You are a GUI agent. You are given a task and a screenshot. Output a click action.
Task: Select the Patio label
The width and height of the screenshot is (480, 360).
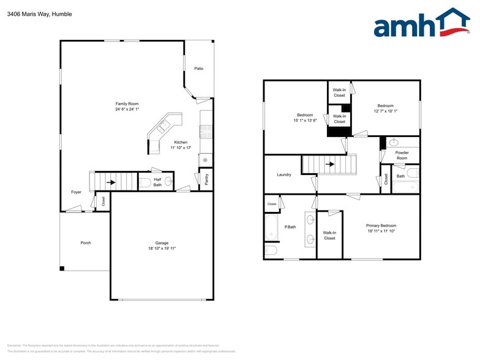tap(199, 69)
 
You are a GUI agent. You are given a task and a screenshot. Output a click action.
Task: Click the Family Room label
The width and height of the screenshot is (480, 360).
tap(127, 104)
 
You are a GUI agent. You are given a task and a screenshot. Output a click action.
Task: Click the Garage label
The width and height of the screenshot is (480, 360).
tap(162, 243)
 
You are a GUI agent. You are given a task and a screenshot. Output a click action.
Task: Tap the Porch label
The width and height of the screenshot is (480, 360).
tap(86, 242)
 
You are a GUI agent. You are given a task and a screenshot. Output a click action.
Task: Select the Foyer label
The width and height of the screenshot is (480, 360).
tap(76, 192)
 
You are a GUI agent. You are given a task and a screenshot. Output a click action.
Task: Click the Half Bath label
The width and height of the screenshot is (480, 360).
tap(157, 182)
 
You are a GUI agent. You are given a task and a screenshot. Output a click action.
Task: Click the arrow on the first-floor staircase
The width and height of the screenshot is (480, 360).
tap(111, 182)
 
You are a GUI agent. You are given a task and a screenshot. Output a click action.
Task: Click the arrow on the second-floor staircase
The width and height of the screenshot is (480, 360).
tap(329, 164)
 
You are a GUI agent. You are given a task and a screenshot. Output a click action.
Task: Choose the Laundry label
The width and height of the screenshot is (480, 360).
tap(284, 174)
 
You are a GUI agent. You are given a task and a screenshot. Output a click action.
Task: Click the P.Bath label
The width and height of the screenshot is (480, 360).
tap(290, 227)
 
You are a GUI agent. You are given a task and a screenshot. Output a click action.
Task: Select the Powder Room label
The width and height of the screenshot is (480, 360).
tap(402, 156)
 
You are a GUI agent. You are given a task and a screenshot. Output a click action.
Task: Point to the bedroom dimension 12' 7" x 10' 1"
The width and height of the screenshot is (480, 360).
tap(386, 111)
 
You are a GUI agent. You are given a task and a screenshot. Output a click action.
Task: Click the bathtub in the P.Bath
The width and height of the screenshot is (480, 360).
tap(271, 227)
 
